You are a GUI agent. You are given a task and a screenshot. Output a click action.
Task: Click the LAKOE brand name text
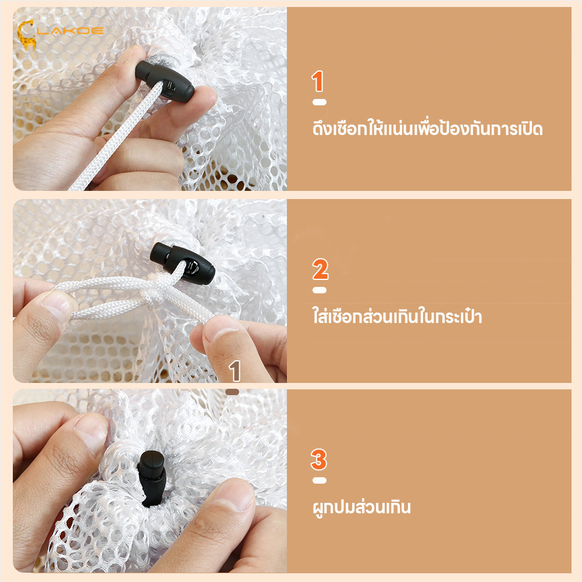(x=70, y=30)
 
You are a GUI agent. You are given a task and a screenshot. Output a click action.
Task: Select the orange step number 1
(x=318, y=82)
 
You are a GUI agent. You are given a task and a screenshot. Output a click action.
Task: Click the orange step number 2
(x=320, y=270)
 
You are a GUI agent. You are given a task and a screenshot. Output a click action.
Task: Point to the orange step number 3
(x=319, y=460)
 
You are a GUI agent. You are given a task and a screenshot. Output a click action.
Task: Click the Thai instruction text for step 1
(x=427, y=128)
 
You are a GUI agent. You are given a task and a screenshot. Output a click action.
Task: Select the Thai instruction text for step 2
(x=397, y=317)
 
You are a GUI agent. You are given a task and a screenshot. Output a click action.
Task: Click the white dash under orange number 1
(x=319, y=102)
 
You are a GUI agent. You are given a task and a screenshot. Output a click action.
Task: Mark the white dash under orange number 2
(x=320, y=290)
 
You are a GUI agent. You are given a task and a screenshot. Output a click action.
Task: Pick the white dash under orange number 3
(x=319, y=481)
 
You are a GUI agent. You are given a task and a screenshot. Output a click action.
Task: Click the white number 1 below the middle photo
(x=235, y=371)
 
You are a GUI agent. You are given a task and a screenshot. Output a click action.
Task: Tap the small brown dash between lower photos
(x=232, y=392)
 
